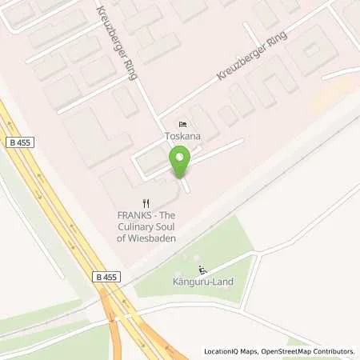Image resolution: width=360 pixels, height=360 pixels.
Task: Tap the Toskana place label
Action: [183, 136]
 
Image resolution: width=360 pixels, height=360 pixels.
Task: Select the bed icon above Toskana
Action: [183, 124]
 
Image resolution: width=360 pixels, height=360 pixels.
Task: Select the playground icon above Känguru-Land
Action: [202, 270]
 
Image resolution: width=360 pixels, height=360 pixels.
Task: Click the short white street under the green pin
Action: [186, 186]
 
